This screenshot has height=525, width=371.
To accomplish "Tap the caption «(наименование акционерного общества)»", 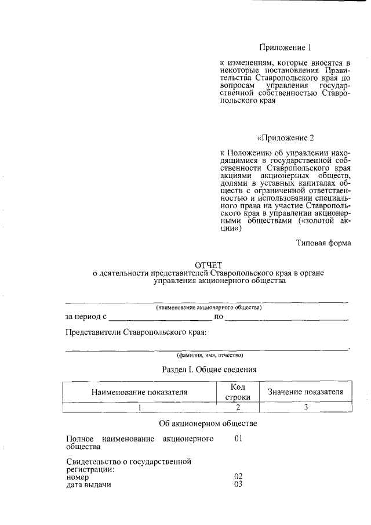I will pyautogui.click(x=209, y=307).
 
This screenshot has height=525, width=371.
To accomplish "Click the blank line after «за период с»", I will pyautogui.click(x=161, y=317).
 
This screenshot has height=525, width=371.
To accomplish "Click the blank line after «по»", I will pyautogui.click(x=287, y=317).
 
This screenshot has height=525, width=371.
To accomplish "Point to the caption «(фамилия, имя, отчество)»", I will pyautogui.click(x=209, y=354).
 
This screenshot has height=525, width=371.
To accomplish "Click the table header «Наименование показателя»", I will pyautogui.click(x=139, y=392).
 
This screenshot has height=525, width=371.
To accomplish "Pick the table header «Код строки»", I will pyautogui.click(x=238, y=392).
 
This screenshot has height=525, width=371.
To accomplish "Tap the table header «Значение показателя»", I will pyautogui.click(x=305, y=392).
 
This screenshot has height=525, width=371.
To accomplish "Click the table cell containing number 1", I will pyautogui.click(x=140, y=407).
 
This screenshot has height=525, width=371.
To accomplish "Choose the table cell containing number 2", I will pyautogui.click(x=238, y=407).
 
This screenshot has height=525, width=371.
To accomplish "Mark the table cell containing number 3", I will pyautogui.click(x=305, y=407).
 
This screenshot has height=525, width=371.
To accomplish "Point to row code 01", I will pyautogui.click(x=238, y=439).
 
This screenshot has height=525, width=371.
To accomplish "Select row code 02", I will pyautogui.click(x=238, y=476).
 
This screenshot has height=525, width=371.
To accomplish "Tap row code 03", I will pyautogui.click(x=238, y=484).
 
